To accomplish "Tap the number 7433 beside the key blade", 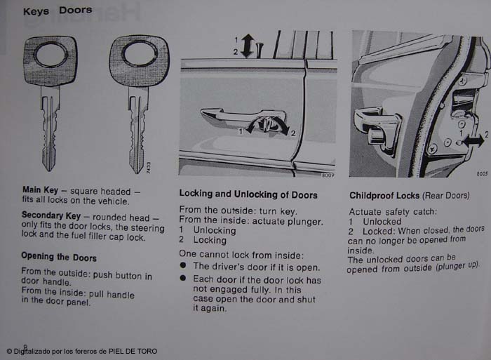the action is tap(149, 168).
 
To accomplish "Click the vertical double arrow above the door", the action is tap(248, 46).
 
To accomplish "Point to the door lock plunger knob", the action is tap(260, 50).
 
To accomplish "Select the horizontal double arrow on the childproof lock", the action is tap(473, 140).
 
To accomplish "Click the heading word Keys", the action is tap(36, 12).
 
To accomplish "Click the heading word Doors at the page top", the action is tap(76, 11).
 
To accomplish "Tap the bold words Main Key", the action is tap(40, 190).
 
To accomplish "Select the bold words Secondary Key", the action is tap(51, 215).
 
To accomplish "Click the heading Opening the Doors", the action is tap(59, 257).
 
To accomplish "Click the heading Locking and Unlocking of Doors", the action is tap(248, 194).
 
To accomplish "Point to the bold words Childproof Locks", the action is tap(384, 196).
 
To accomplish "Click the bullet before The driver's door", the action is tap(183, 266).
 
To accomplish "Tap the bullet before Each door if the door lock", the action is tap(183, 278).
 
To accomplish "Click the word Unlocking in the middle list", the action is tap(215, 230).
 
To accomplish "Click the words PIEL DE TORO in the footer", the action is tap(133, 351).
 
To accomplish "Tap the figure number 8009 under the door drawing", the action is tap(328, 175).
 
